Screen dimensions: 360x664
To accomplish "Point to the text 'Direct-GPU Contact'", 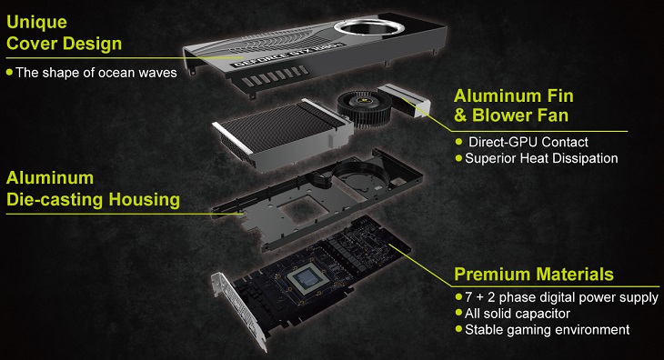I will click(528, 142).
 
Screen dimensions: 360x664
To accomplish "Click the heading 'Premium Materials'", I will click(534, 274).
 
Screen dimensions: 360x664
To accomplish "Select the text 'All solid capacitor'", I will click(518, 313).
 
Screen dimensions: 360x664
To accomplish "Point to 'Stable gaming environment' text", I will click(546, 329).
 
